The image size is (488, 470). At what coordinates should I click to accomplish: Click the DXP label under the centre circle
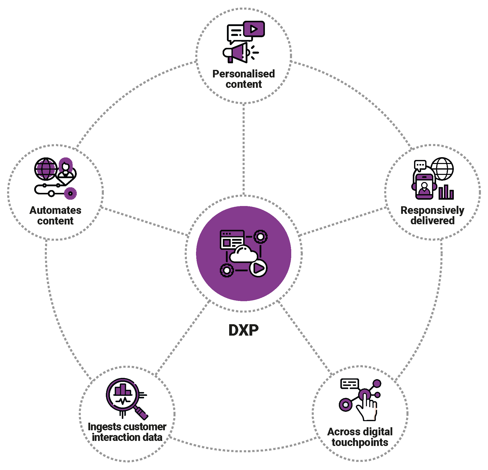243,330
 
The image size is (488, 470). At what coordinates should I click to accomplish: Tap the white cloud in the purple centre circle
243,254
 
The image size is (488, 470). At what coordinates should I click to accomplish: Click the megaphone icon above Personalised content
237,53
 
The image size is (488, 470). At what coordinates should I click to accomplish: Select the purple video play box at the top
254,29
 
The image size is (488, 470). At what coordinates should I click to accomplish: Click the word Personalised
243,74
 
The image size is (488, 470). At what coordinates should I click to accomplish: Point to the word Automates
55,210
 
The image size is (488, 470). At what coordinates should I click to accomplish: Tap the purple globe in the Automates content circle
46,169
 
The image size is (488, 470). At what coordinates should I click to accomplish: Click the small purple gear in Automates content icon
70,194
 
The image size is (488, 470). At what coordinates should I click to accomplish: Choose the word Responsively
432,210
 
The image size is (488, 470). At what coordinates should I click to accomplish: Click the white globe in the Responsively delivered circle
442,169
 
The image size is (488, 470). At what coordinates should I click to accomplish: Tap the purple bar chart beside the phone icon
446,192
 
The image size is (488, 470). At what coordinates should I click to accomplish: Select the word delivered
432,220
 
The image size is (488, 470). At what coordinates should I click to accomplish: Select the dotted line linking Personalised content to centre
243,149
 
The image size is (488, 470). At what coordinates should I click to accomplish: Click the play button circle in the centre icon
258,268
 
